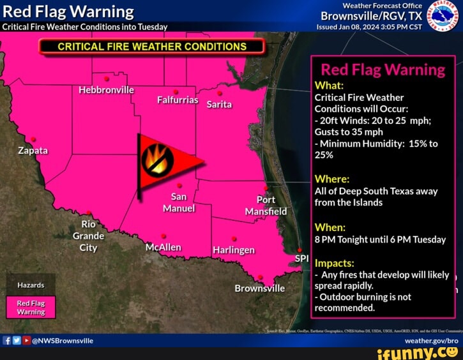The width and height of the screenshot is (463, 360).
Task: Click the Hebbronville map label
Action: [106, 90]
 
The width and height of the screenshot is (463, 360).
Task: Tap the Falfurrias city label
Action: [178, 100]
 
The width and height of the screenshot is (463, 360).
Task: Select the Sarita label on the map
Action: [219, 104]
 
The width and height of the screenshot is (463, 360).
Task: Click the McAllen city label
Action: [163, 247]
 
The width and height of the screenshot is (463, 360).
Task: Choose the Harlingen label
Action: [234, 250]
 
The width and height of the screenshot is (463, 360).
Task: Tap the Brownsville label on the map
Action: [260, 288]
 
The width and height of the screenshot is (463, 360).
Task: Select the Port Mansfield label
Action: [267, 206]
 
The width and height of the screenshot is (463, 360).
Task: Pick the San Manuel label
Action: [179, 202]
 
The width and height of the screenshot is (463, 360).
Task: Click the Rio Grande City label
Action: [89, 236]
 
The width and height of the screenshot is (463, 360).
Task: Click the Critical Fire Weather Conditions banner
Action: [152, 47]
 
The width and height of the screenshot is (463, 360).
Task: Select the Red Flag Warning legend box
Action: [31, 308]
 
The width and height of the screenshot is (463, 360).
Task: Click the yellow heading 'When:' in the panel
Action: [330, 227]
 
